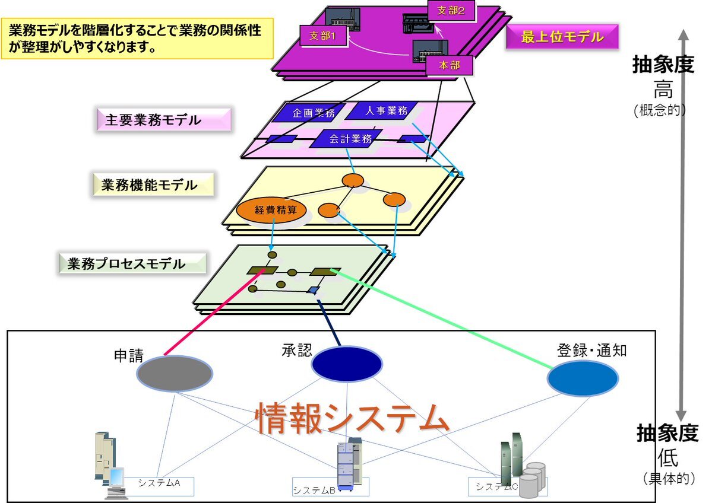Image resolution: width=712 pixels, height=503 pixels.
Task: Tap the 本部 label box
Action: (450, 65)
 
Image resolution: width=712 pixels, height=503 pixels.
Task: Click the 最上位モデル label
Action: (562, 37)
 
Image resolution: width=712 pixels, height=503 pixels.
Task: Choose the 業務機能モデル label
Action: (153, 185)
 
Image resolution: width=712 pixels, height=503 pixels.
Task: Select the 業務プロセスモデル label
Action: (132, 264)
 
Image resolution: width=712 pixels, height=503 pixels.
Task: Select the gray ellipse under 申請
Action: (175, 373)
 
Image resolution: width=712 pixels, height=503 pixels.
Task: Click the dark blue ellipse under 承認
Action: (346, 363)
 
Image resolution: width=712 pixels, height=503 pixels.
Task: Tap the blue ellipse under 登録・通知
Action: (583, 378)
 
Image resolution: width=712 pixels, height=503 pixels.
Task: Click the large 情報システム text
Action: (351, 419)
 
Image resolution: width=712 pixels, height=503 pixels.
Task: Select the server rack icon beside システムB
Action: (350, 463)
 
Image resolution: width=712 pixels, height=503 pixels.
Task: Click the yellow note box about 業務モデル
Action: (137, 37)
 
